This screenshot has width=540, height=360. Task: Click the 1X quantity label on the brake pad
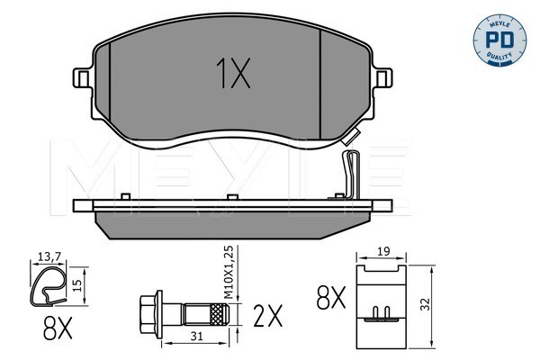pos(233,73)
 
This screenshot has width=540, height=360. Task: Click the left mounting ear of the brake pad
pos(83,78)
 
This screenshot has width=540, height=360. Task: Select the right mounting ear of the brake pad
pos(383,78)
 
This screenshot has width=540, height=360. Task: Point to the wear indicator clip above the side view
pos(351,175)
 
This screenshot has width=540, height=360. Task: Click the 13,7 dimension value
pos(49,256)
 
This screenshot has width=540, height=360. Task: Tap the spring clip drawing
pos(48,285)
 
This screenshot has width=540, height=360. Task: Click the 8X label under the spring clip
pos(58,328)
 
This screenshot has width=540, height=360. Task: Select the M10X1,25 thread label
pos(229,272)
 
